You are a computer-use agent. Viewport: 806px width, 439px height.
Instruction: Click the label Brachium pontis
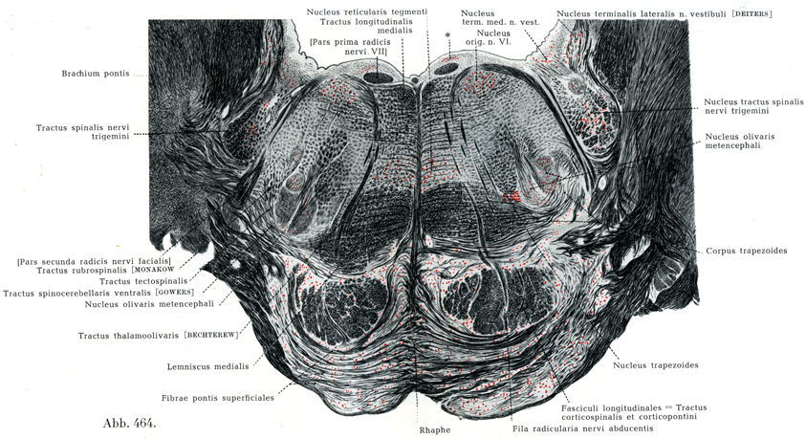(96, 74)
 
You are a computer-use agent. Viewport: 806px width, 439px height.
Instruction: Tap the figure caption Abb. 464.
(129, 423)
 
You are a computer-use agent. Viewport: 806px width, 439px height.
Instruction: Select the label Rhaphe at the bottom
(435, 429)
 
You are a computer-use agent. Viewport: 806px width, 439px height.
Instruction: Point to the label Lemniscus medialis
(207, 366)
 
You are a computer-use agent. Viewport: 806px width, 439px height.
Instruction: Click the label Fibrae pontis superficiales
(217, 398)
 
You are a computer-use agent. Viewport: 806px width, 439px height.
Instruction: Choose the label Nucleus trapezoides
(655, 365)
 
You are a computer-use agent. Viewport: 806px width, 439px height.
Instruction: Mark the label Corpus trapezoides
(747, 251)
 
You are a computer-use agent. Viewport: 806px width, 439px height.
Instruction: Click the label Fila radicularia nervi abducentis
(583, 428)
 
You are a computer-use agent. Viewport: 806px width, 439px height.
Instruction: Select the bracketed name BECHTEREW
(211, 335)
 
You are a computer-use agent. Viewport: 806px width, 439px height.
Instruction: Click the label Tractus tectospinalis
(143, 281)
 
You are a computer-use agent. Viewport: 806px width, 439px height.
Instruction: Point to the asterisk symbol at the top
(447, 35)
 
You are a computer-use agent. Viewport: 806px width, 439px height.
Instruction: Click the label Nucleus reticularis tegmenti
(366, 11)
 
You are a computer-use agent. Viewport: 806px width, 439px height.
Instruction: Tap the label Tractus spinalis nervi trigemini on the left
(82, 132)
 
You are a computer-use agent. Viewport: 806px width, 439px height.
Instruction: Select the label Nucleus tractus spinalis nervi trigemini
(753, 106)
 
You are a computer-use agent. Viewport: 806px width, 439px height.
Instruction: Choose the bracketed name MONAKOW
(153, 270)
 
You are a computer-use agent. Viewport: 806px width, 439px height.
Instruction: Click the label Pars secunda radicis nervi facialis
(94, 261)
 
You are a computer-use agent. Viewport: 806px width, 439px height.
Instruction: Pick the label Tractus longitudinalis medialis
(366, 26)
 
